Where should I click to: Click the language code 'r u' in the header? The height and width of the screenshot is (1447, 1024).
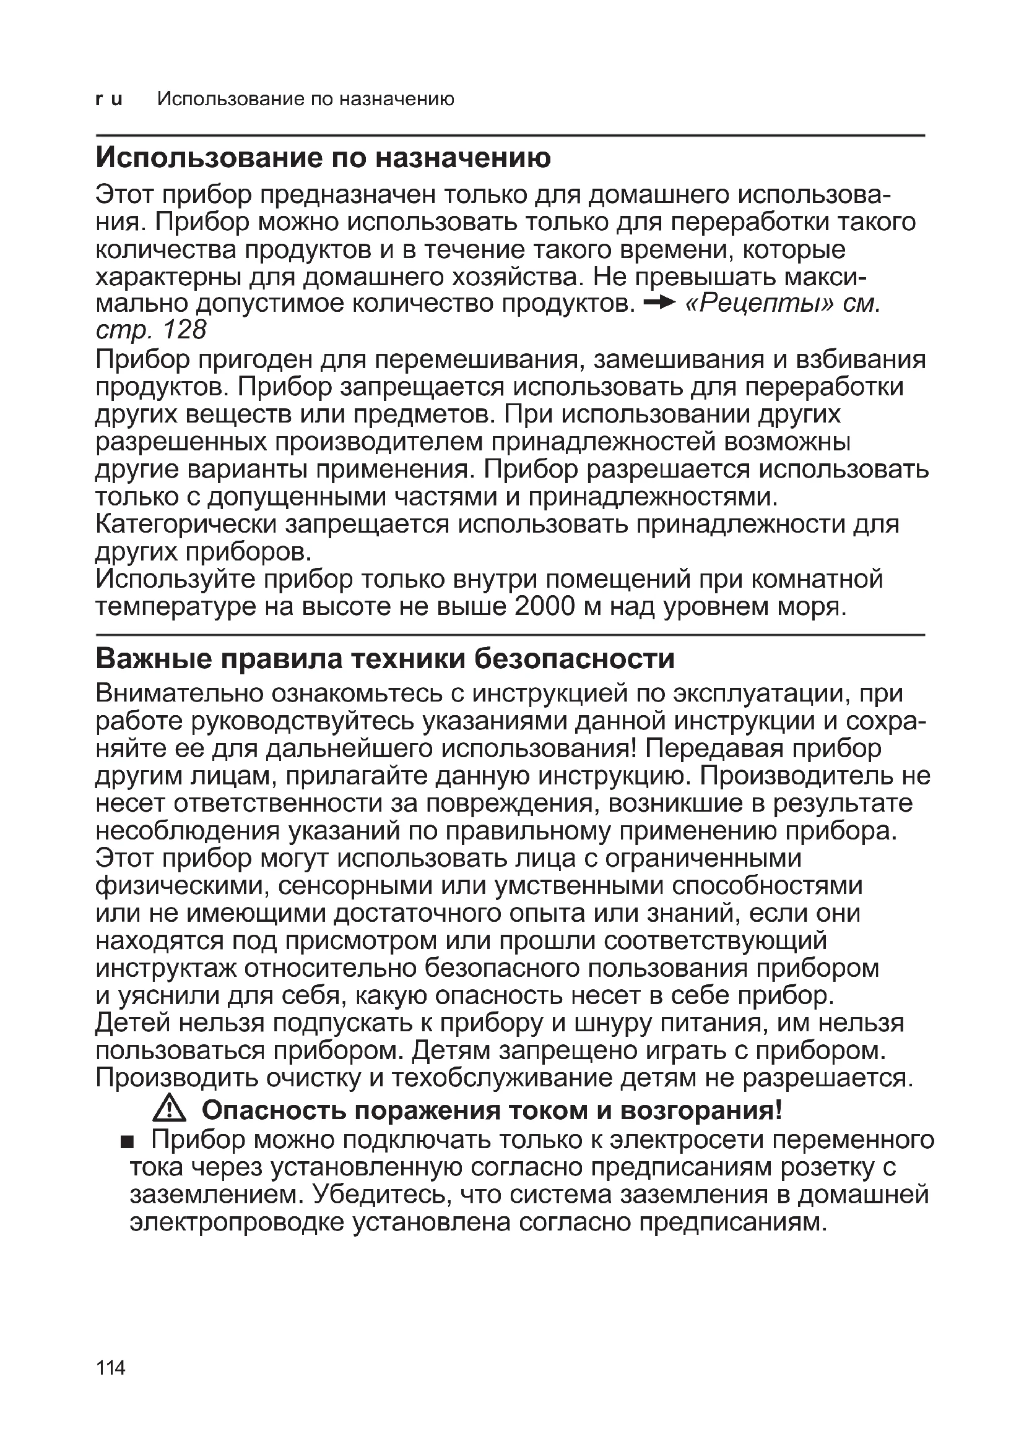coord(108,100)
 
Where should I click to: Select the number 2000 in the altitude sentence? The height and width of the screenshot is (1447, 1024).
coord(544,607)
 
